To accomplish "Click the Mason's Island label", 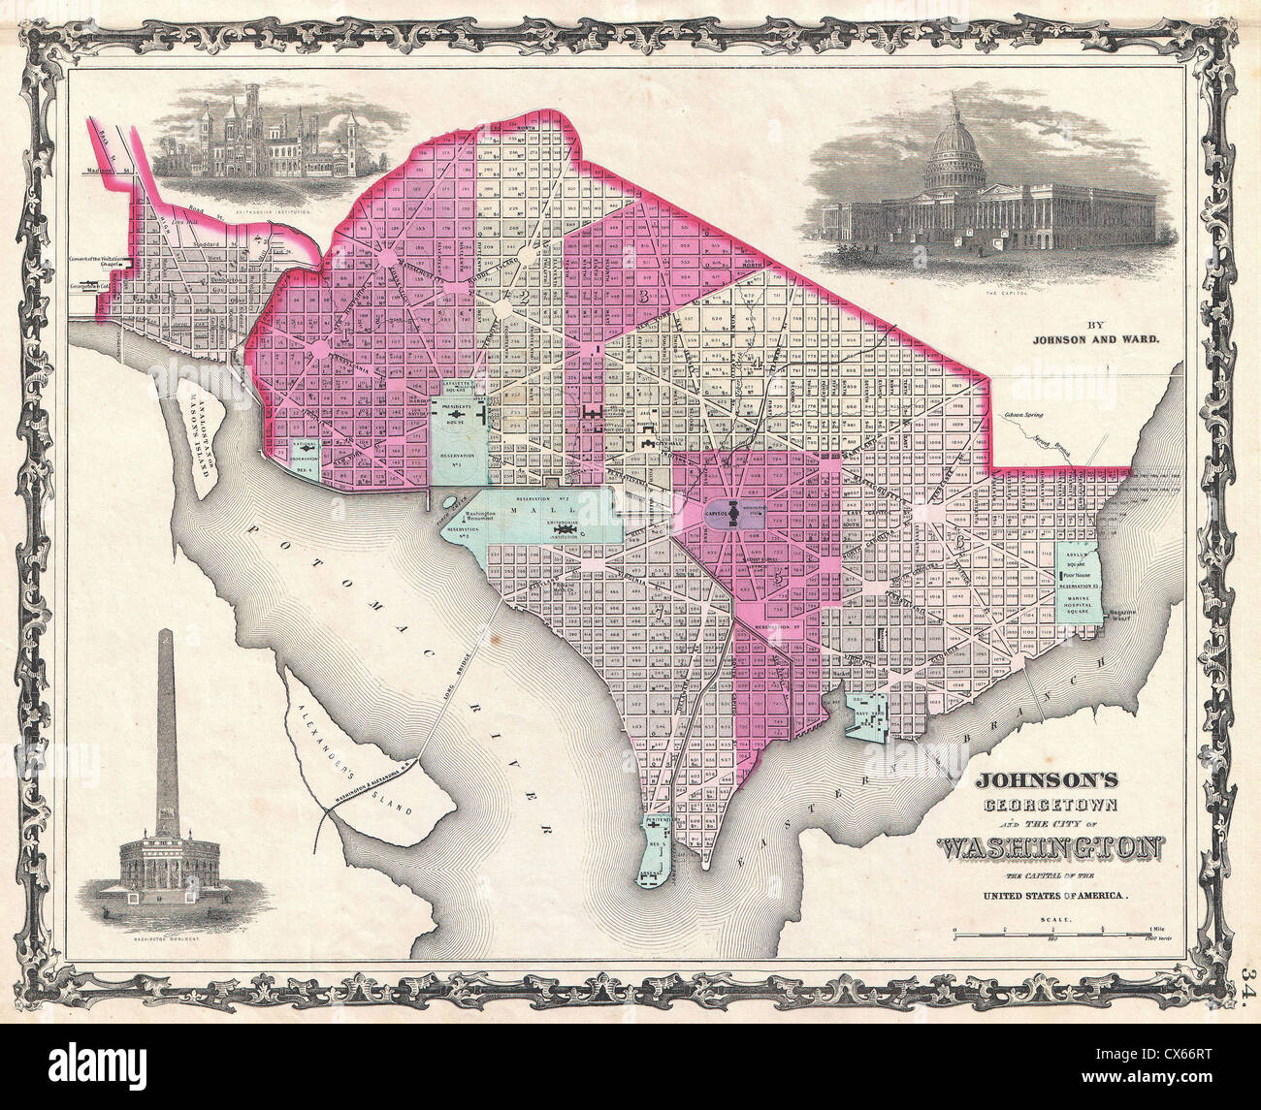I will click(201, 432).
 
